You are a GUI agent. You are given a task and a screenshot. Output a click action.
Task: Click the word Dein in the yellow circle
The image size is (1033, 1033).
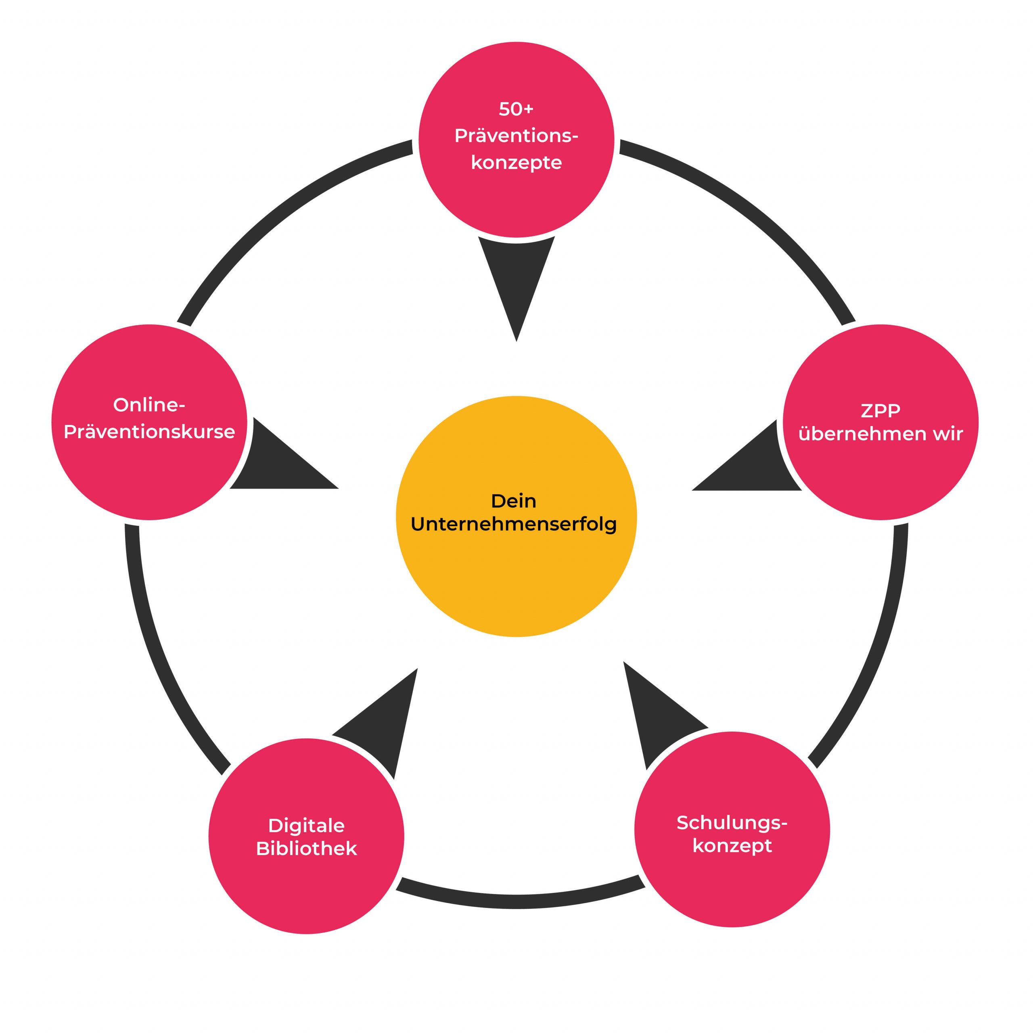(x=513, y=501)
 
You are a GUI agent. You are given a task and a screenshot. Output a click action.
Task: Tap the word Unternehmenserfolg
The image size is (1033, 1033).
(x=513, y=525)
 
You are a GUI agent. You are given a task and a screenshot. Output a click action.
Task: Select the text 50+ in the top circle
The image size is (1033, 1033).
(x=516, y=109)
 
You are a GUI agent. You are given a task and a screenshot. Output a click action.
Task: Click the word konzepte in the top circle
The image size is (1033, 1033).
(x=516, y=163)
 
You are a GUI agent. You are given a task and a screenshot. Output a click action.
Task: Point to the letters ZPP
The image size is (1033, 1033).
(x=880, y=411)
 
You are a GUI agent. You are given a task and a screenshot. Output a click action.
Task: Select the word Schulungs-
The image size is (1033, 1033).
(x=732, y=822)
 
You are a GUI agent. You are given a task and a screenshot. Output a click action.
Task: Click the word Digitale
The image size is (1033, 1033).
(x=306, y=826)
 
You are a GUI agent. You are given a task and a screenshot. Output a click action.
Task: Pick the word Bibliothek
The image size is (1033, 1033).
(x=306, y=849)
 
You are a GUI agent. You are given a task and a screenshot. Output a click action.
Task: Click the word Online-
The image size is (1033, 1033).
(x=149, y=405)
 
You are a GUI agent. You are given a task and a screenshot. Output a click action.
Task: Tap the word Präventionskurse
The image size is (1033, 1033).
(x=149, y=432)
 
